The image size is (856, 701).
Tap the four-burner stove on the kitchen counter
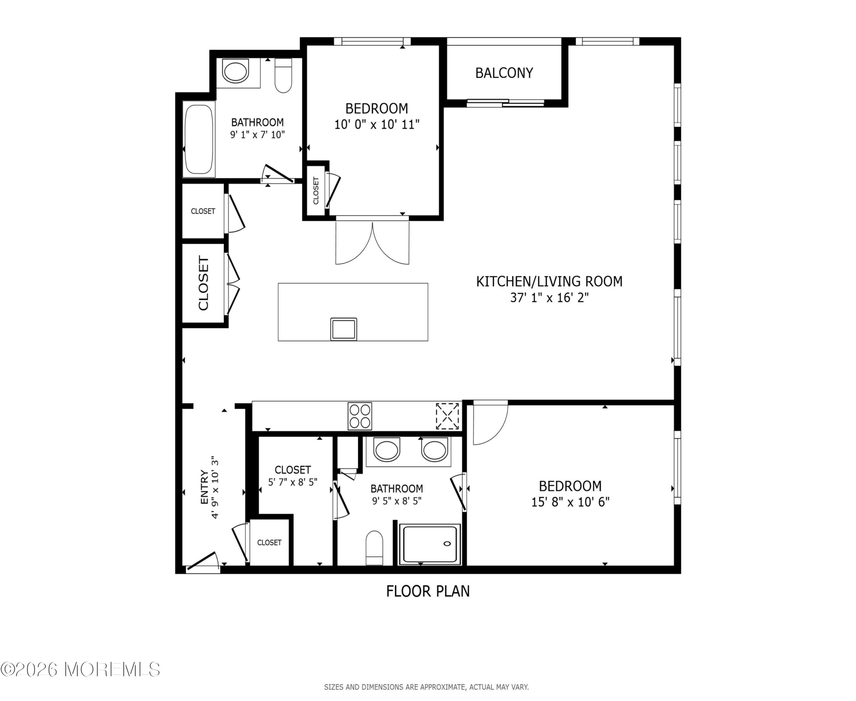pos(359,416)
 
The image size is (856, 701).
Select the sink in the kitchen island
pos(343,329)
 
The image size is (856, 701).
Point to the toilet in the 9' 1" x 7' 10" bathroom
pos(283,76)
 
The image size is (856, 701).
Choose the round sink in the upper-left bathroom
pos(236,72)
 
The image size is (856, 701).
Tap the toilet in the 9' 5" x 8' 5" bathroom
pos(374,548)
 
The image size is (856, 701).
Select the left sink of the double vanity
pos(387,449)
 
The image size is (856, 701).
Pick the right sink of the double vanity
pos(434,449)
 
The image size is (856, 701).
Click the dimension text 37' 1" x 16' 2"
pos(549,298)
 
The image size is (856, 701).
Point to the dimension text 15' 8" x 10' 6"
pos(570,502)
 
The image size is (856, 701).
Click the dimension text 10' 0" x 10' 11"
pos(377,124)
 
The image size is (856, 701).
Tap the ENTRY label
pos(204,487)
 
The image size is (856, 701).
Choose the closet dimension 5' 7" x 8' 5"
pos(293,482)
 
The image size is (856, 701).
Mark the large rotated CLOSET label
pos(203,283)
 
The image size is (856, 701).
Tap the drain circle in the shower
pos(447,544)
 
